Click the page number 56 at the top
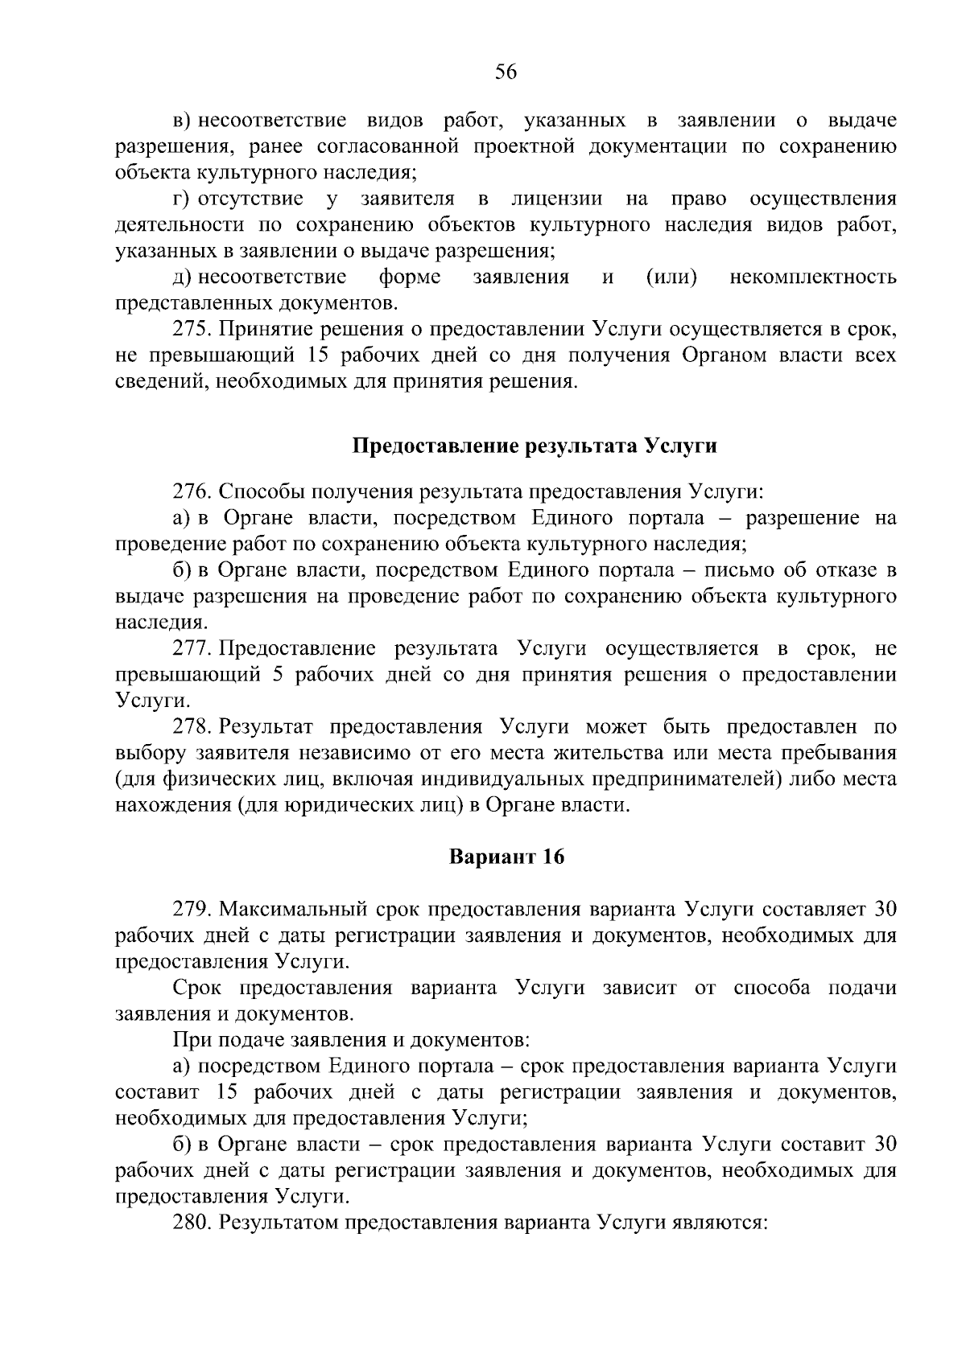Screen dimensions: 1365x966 506,72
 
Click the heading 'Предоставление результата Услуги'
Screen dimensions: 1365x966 535,446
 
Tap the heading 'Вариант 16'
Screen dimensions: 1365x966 506,857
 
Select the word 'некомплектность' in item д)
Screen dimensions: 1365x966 813,278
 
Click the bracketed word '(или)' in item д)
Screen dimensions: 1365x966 671,278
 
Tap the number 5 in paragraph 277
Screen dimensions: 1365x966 277,674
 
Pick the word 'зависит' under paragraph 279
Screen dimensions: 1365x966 639,988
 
